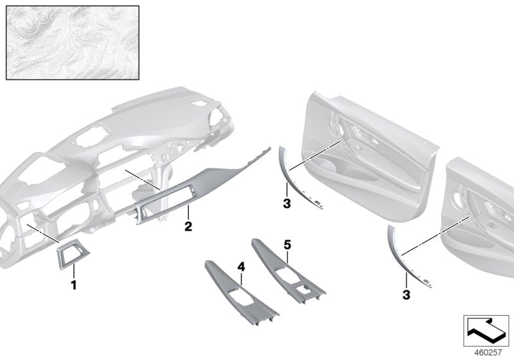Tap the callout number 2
click(188, 226)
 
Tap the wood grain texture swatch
click(73, 43)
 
